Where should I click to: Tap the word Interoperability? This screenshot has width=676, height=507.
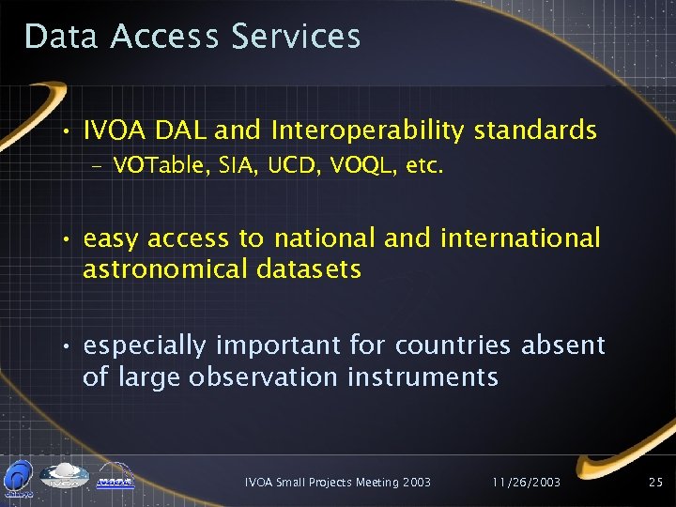[x=366, y=131]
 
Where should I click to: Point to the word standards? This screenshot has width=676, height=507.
[x=535, y=131]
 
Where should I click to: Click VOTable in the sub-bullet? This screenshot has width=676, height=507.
[x=152, y=167]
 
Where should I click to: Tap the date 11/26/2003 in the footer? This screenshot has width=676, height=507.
[x=526, y=482]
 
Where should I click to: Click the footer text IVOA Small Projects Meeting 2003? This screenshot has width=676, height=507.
[x=337, y=482]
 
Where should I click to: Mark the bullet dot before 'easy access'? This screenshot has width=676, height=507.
[x=67, y=240]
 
